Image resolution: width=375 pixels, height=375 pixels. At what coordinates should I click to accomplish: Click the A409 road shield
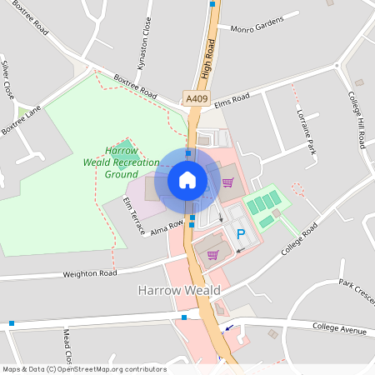click(x=197, y=99)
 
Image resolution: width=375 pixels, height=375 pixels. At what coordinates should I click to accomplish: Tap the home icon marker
click(x=187, y=180)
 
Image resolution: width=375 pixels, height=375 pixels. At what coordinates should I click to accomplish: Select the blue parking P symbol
click(x=242, y=235)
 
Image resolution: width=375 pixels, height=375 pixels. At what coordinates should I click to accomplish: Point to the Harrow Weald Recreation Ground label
click(x=122, y=162)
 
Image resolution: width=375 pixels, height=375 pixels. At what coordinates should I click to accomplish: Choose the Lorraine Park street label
click(x=304, y=131)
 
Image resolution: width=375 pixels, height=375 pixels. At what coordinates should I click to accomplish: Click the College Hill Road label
click(x=356, y=119)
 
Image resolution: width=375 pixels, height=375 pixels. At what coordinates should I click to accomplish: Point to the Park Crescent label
click(x=357, y=291)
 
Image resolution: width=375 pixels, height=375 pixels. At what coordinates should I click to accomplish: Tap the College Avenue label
click(x=339, y=331)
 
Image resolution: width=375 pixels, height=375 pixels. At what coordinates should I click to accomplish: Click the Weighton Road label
click(x=90, y=273)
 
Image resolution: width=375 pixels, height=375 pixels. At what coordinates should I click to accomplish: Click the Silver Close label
click(x=7, y=77)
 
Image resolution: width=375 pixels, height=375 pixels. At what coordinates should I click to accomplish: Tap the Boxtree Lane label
click(x=21, y=118)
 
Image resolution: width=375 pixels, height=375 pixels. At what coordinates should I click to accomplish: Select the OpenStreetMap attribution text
click(x=84, y=369)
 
